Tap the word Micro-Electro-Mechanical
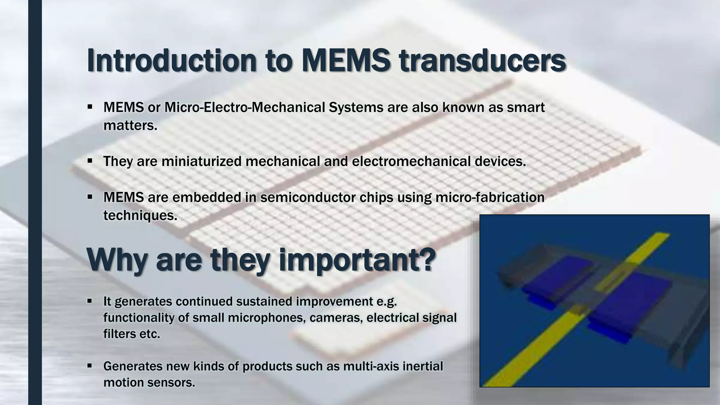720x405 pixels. pos(245,108)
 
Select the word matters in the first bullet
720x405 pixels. pos(129,126)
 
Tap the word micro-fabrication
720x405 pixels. pos(490,198)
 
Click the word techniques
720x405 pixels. pos(139,216)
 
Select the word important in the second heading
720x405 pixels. pos(356,261)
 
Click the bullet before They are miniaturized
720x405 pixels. pos(90,161)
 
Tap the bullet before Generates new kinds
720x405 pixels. pos(90,366)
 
